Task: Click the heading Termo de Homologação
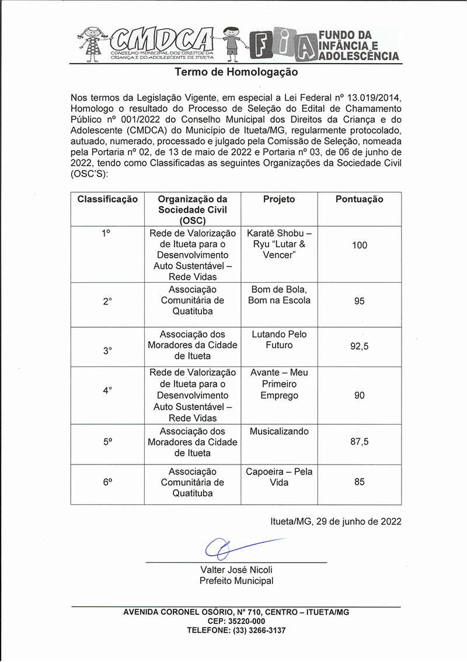(x=236, y=72)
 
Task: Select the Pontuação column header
(x=359, y=199)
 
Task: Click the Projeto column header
(x=279, y=199)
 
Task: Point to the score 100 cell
(x=360, y=245)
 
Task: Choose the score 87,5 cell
(x=360, y=442)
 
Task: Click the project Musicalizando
(x=279, y=431)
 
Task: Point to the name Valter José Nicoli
(x=236, y=570)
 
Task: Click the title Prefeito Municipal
(x=236, y=581)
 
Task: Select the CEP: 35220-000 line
(x=236, y=621)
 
